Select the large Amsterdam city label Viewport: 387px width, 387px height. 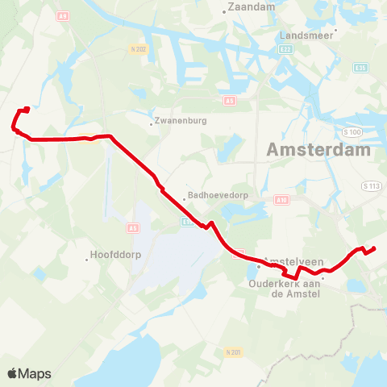point(318,150)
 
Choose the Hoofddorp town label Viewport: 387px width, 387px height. point(112,259)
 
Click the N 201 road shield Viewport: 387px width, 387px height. point(234,352)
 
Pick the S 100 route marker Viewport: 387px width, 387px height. point(351,131)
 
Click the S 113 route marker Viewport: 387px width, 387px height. point(370,186)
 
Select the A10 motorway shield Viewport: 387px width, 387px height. point(281,199)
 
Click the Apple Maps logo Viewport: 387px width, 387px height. point(29,373)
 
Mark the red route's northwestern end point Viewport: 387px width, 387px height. point(27,110)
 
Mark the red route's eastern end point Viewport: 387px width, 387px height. point(375,248)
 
